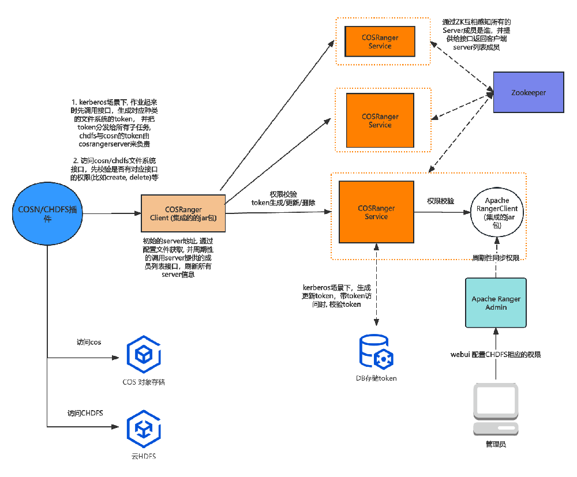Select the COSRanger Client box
[x=183, y=213]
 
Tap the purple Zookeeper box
[x=529, y=92]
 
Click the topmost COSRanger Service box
[x=380, y=42]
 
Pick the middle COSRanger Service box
[x=380, y=121]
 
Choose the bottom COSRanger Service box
[x=373, y=212]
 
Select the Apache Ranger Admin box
[x=496, y=303]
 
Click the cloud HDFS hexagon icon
[x=144, y=430]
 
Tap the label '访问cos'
[x=89, y=342]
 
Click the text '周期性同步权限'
[x=496, y=257]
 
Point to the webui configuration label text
[x=496, y=354]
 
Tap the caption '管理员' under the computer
[x=496, y=444]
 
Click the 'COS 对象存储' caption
[x=144, y=382]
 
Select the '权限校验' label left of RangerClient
[x=440, y=202]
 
